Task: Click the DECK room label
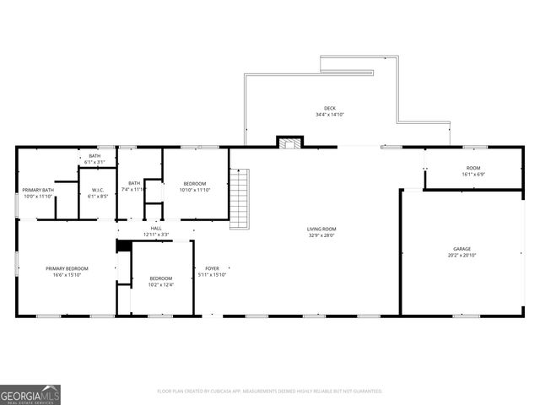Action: (x=330, y=109)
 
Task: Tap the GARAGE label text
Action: (x=462, y=249)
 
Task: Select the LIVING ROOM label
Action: (x=321, y=229)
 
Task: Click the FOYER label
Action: (x=212, y=268)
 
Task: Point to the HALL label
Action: (x=156, y=228)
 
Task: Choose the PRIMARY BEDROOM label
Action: (x=67, y=268)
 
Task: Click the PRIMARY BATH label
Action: (x=38, y=190)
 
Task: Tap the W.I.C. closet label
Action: (x=97, y=190)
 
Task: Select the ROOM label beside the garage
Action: (x=472, y=168)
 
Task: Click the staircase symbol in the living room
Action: (x=241, y=197)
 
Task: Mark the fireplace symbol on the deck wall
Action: (x=290, y=142)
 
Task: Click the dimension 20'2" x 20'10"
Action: (x=462, y=255)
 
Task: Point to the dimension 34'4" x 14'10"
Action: (x=330, y=115)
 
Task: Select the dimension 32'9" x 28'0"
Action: (x=321, y=235)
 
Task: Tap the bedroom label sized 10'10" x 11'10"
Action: (x=194, y=184)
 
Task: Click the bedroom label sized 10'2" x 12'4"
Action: (x=161, y=278)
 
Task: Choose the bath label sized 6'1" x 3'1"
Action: (x=94, y=156)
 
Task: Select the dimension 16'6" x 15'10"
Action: (x=67, y=274)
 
